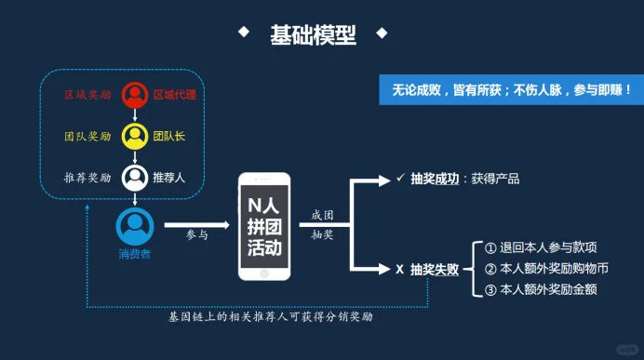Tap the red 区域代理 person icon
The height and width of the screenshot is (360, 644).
pyautogui.click(x=136, y=95)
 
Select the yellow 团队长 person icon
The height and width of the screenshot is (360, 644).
pyautogui.click(x=136, y=136)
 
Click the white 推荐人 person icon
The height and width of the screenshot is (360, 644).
pyautogui.click(x=136, y=177)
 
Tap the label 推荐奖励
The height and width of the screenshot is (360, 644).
pyautogui.click(x=87, y=178)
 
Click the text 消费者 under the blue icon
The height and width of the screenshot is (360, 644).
pyautogui.click(x=135, y=254)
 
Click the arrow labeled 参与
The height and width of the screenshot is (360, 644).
pyautogui.click(x=196, y=224)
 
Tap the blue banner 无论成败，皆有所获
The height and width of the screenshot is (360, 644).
pyautogui.click(x=508, y=90)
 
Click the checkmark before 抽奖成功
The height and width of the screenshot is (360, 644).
pyautogui.click(x=399, y=178)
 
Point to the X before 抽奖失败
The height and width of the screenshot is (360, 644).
pyautogui.click(x=399, y=270)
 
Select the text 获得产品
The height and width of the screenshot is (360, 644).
pyautogui.click(x=494, y=179)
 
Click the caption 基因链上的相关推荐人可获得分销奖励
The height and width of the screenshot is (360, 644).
pyautogui.click(x=270, y=317)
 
